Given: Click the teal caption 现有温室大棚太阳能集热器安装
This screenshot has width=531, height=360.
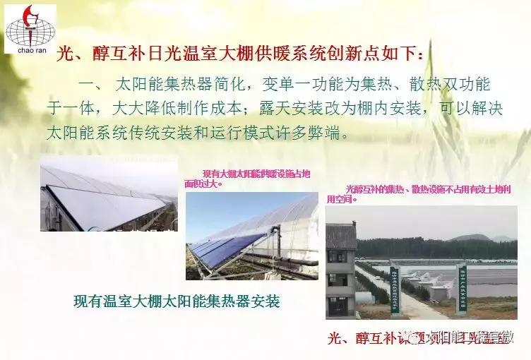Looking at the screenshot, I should click(177, 301).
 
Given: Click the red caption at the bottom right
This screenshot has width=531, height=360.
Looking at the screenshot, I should click(421, 339).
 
